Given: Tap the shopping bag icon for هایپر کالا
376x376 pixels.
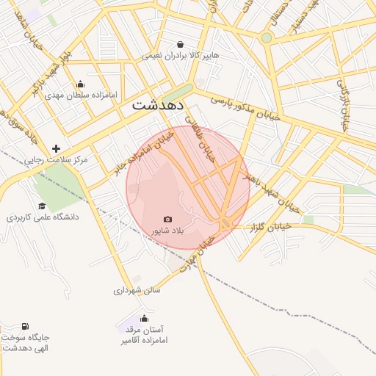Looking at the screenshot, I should coord(181,44).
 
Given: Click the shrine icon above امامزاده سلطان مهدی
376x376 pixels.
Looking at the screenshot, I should coord(80,84).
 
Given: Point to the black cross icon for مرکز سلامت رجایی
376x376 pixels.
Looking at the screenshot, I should coord(56,148).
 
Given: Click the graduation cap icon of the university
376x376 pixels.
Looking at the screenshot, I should coord(42,206).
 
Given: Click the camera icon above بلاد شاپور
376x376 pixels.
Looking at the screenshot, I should coord(168,219).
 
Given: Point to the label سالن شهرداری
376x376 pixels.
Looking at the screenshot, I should coord(137,290).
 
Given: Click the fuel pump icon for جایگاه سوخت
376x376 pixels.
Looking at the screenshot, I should coord(26,327).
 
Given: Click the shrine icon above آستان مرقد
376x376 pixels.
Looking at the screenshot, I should coord(144,318).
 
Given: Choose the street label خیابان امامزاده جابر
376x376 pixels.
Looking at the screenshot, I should coord(144,152).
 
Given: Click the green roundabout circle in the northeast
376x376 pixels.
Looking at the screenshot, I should coord(267,37).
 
